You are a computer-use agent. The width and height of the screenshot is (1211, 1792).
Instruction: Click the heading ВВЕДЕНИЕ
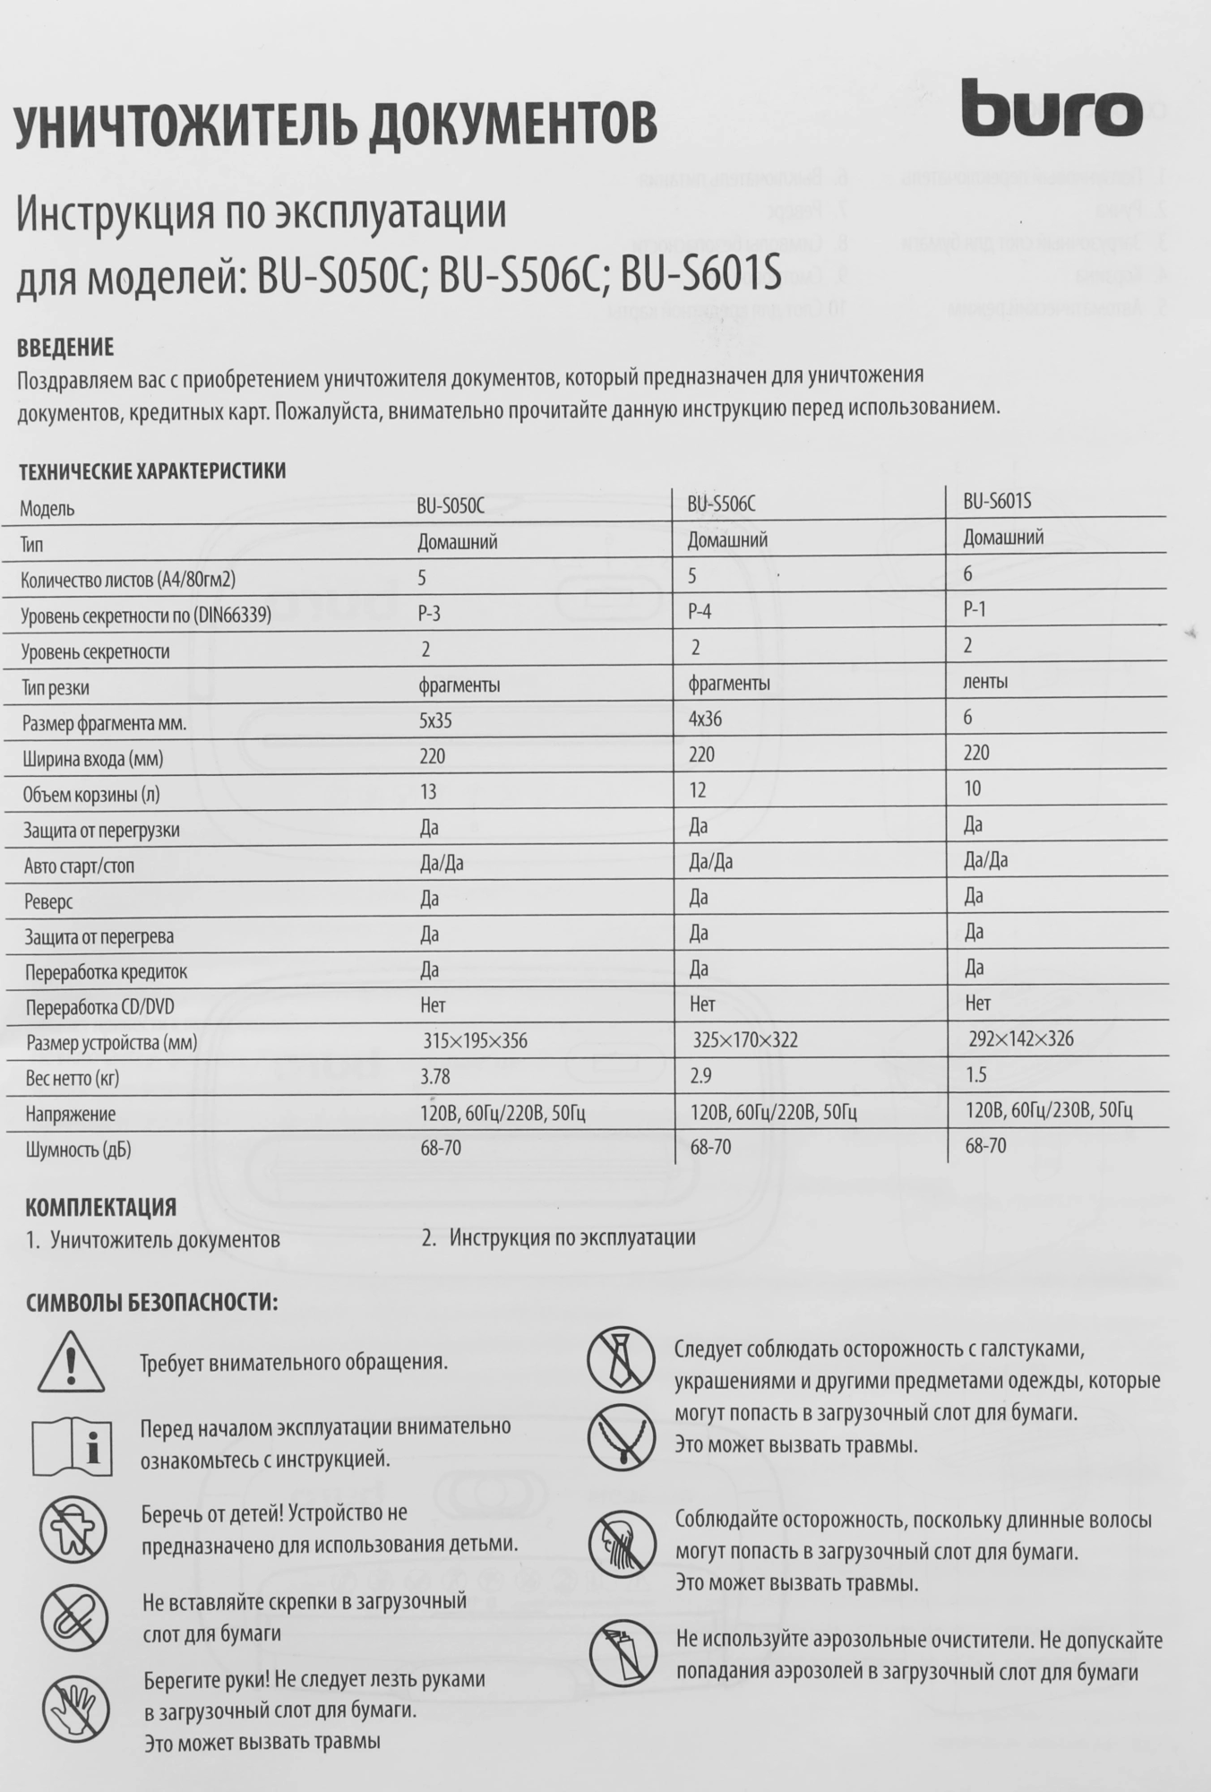[x=65, y=348]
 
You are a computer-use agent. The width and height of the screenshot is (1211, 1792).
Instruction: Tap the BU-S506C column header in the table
[x=721, y=504]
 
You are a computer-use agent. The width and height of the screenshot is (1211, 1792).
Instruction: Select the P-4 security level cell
[x=700, y=612]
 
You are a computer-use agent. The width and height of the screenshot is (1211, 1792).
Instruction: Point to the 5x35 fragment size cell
[x=435, y=721]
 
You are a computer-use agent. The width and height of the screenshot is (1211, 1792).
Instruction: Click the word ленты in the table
[x=985, y=682]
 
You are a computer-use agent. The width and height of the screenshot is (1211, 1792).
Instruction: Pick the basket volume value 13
[x=428, y=792]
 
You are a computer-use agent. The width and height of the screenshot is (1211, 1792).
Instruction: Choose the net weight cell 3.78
[x=434, y=1077]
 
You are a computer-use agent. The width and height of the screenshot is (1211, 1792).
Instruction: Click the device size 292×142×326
[x=1021, y=1039]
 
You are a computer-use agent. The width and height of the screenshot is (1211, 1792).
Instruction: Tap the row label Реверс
[x=49, y=901]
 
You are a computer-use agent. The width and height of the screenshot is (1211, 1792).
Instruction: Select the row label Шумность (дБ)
[x=79, y=1150]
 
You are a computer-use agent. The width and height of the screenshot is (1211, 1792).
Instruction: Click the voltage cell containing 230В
[x=1049, y=1111]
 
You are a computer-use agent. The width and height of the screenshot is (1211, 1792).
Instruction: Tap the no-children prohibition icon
[x=73, y=1528]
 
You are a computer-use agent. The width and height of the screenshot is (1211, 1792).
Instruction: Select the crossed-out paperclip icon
[x=73, y=1617]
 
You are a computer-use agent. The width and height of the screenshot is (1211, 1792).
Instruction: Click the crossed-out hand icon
[x=76, y=1710]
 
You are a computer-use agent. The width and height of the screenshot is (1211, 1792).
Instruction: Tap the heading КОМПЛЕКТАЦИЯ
[x=100, y=1207]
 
